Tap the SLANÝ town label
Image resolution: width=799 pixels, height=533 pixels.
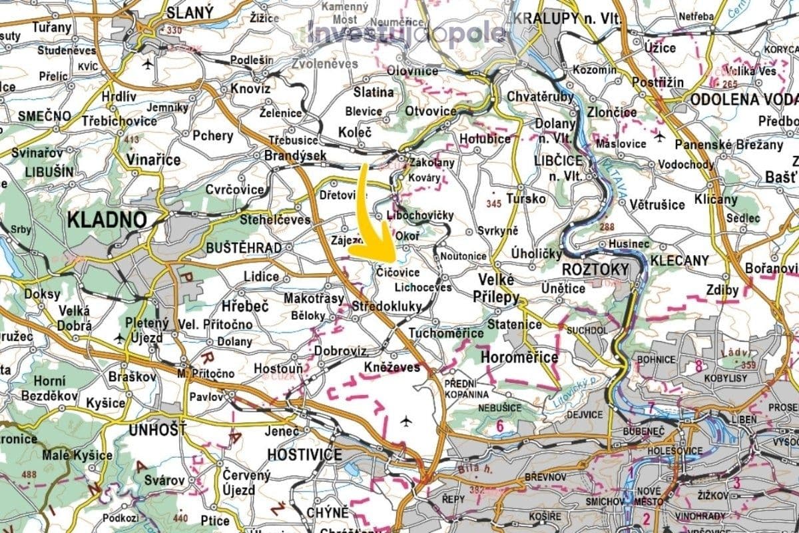(190, 12)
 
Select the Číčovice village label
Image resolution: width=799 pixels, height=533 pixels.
(398, 272)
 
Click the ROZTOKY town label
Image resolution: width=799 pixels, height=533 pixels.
(595, 270)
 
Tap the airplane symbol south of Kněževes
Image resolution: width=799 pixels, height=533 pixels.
(406, 420)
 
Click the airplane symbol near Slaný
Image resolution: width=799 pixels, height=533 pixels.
(146, 64)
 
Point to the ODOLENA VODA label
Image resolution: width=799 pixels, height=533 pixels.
(744, 99)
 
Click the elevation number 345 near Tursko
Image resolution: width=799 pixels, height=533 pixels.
(493, 203)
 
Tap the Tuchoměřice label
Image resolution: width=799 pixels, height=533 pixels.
(446, 332)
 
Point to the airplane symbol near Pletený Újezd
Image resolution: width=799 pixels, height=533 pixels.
(120, 338)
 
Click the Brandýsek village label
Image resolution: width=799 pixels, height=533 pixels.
(296, 155)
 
